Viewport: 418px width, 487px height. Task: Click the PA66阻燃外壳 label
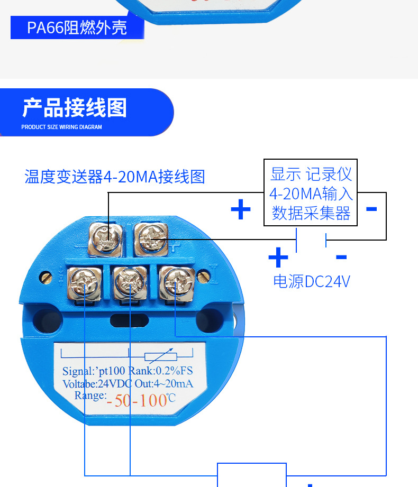(x=77, y=27)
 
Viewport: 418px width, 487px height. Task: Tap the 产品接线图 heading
(x=75, y=108)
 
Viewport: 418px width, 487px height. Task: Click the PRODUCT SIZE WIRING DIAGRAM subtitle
(x=61, y=127)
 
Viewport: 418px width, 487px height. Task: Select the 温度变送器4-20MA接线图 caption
(x=115, y=176)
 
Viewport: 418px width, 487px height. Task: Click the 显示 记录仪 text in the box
(x=311, y=174)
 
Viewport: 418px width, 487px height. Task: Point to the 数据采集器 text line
(x=311, y=213)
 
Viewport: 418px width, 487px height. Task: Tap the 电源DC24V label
(x=312, y=281)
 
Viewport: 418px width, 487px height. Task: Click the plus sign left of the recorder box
(x=241, y=210)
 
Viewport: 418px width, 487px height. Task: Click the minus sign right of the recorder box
(x=371, y=209)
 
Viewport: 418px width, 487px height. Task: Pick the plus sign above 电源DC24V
(x=278, y=258)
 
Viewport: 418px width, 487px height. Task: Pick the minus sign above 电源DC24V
(x=341, y=258)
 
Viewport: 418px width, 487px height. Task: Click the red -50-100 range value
(x=138, y=400)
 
